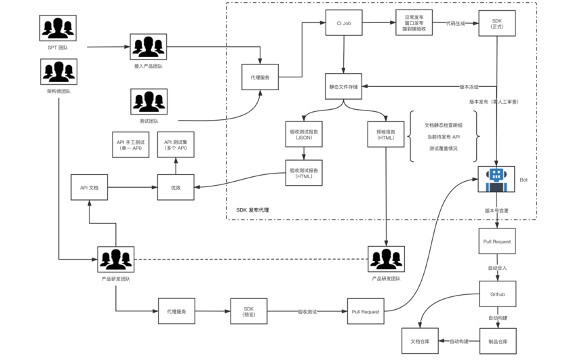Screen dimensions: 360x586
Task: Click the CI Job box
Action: click(344, 23)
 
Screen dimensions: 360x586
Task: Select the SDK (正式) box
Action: click(499, 23)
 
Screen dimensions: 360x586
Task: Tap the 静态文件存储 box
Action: click(344, 87)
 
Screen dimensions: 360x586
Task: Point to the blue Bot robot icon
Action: click(497, 180)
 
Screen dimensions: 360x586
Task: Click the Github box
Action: click(498, 295)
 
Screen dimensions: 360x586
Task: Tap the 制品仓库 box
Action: click(498, 332)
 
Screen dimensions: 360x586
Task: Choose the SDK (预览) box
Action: click(248, 311)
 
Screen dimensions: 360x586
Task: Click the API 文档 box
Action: click(90, 187)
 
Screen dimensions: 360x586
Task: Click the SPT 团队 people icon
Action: click(59, 28)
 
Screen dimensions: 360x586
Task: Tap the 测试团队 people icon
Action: click(149, 102)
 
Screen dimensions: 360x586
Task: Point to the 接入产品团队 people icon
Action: click(149, 47)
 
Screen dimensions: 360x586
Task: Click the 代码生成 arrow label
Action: click(456, 23)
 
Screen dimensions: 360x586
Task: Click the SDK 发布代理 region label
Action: click(252, 210)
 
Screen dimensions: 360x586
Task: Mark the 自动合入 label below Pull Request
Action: click(498, 268)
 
